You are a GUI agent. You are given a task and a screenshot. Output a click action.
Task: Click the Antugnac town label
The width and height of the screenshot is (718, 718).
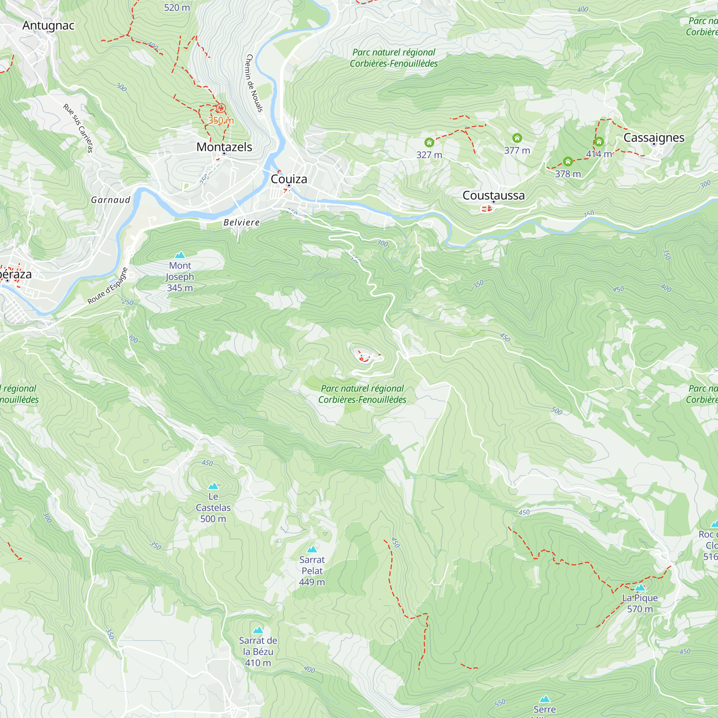click(x=48, y=25)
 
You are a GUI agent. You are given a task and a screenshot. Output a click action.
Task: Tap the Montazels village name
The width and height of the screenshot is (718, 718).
click(x=224, y=147)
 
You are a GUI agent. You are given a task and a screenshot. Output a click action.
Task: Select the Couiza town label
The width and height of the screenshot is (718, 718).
click(x=289, y=179)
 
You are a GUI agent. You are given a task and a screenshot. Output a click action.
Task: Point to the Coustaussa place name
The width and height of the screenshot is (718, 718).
click(x=493, y=196)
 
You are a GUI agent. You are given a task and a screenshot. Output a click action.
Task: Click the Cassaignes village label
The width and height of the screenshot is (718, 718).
click(x=654, y=138)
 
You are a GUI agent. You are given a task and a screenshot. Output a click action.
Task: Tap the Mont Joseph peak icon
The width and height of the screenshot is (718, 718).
click(x=180, y=255)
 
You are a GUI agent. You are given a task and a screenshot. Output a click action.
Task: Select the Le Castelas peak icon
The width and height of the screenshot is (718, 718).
click(x=213, y=486)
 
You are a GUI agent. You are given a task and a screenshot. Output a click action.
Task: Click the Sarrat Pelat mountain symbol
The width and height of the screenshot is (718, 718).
click(x=312, y=549)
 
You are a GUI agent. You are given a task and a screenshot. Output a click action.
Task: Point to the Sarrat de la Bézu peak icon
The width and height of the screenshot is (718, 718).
click(x=258, y=630)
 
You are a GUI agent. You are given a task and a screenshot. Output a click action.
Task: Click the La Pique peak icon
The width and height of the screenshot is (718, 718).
click(x=640, y=588)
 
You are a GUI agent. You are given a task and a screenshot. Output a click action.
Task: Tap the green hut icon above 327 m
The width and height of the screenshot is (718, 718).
click(x=429, y=142)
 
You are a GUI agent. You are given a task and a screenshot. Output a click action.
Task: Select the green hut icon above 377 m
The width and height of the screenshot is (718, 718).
click(x=517, y=138)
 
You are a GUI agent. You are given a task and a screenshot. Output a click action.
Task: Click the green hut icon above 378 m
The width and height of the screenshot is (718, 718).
click(x=568, y=161)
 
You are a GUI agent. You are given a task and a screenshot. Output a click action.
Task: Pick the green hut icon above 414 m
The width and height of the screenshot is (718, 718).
click(x=599, y=141)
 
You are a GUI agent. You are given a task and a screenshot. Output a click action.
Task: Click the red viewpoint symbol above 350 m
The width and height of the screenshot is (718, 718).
click(x=221, y=108)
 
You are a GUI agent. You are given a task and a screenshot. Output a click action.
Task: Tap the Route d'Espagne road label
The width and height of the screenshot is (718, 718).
click(x=107, y=286)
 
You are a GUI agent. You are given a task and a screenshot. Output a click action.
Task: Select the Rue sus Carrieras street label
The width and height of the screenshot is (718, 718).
click(x=78, y=128)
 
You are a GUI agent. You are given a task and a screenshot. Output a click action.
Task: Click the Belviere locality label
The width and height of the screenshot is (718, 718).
click(x=242, y=223)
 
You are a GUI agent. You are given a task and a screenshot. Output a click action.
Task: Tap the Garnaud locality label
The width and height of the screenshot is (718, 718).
click(x=111, y=200)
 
